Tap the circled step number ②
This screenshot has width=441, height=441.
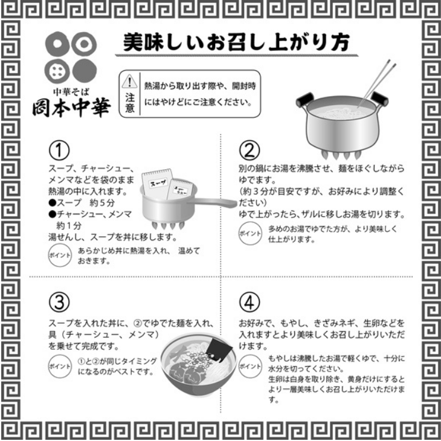tap(249, 149)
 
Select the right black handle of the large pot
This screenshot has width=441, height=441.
tap(379, 97)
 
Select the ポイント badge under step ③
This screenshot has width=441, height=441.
tap(58, 365)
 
